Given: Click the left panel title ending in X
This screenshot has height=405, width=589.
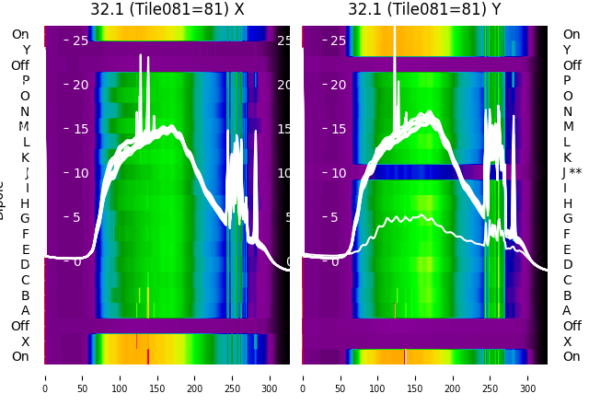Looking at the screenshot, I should coord(167,9).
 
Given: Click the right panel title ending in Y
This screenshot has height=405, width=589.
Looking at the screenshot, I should coord(424,9).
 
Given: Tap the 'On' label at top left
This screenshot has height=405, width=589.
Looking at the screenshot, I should coord(20,34).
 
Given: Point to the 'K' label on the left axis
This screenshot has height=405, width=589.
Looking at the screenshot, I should coord(25,157).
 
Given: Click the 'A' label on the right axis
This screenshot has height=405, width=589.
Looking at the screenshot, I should coord(567,310).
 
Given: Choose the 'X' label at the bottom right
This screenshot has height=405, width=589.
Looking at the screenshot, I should coord(567,341).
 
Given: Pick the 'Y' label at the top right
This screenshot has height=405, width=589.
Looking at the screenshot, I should coord(567,50).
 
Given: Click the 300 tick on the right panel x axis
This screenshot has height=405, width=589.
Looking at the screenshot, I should coord(528,377).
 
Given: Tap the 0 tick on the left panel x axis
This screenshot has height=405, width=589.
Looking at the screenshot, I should coord(45,377).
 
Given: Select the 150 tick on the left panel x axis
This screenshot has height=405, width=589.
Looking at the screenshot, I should coord(157,377).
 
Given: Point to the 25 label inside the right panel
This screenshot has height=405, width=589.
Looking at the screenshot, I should coord(339,40).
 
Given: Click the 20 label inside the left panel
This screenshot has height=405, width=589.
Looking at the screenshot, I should coord(79,85).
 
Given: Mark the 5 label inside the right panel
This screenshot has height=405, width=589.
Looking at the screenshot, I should coord(339,217).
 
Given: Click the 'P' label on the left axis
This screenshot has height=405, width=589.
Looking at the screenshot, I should coord(25,80).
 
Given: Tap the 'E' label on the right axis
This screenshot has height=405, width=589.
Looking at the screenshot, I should coord(567,249).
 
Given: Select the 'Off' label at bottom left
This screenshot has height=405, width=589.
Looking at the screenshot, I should coord(20,326).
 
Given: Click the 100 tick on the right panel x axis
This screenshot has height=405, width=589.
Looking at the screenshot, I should coord(378,377).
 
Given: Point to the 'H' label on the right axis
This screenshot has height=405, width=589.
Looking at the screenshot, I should coord(567,203).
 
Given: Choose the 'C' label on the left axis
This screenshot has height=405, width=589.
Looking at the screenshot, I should coord(25,280).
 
